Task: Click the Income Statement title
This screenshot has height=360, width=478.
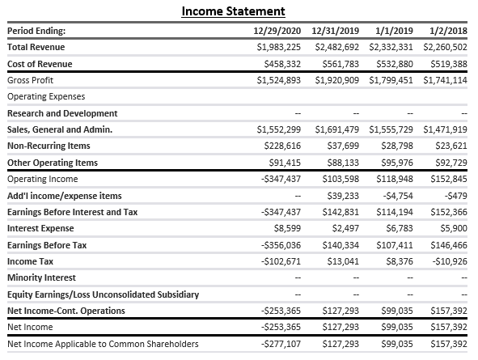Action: point(233,11)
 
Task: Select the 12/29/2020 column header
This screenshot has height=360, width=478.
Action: point(276,31)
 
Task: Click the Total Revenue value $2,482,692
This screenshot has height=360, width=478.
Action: point(335,47)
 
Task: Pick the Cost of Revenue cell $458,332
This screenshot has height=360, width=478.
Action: point(279,64)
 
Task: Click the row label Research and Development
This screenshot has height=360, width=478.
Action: point(62,113)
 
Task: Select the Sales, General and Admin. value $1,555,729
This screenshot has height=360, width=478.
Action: point(391,129)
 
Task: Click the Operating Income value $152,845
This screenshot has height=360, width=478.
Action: point(446,179)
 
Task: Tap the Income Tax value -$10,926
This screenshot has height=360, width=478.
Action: point(447,261)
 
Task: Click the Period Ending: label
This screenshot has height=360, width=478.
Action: point(36,31)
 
